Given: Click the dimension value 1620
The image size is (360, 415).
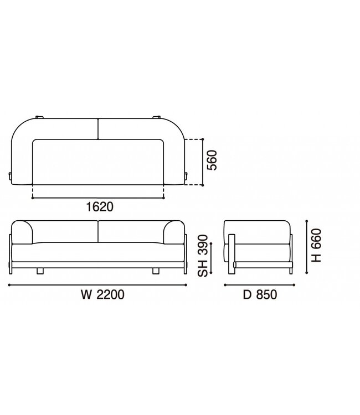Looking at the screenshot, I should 100,207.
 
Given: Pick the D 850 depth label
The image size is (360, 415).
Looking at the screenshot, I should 258,295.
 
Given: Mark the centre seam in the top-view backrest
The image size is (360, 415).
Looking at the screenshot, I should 98,129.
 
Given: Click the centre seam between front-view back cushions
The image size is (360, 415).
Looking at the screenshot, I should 98,232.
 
